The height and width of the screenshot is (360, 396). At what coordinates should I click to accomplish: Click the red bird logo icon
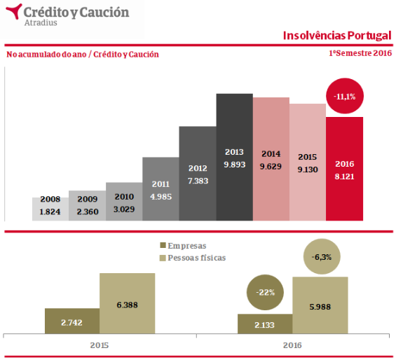click(x=13, y=11)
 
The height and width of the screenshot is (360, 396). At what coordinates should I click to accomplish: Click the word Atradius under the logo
click(x=41, y=22)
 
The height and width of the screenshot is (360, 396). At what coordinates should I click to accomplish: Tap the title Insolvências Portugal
click(x=337, y=36)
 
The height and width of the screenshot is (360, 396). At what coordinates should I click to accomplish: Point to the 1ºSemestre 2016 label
click(x=360, y=53)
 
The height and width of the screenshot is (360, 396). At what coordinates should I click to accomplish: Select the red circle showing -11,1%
click(x=345, y=96)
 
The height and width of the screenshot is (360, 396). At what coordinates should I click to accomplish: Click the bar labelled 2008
click(x=50, y=209)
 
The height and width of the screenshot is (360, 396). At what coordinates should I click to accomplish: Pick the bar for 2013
click(x=234, y=158)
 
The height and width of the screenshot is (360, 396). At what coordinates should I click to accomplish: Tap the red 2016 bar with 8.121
click(x=344, y=169)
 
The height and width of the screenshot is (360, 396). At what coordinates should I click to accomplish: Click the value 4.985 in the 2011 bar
click(x=161, y=197)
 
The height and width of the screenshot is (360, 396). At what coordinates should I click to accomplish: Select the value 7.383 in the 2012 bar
click(x=198, y=181)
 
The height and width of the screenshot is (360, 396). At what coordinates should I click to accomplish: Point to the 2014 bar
click(x=271, y=159)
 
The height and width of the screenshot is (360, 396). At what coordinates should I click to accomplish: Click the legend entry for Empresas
click(x=183, y=246)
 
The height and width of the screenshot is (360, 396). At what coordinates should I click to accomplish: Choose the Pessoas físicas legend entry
click(x=193, y=258)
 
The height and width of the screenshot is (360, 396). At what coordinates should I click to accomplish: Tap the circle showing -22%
click(x=265, y=292)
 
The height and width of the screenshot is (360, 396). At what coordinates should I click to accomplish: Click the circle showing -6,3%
click(x=322, y=257)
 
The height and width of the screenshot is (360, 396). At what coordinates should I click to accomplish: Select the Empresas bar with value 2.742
click(x=72, y=321)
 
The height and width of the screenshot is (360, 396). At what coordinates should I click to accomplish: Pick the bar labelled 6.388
click(x=128, y=303)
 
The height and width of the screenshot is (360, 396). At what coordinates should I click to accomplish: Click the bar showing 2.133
click(x=265, y=324)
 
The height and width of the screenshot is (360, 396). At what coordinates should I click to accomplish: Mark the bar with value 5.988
click(x=320, y=305)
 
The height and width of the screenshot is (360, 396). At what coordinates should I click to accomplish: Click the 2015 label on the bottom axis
click(x=100, y=345)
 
